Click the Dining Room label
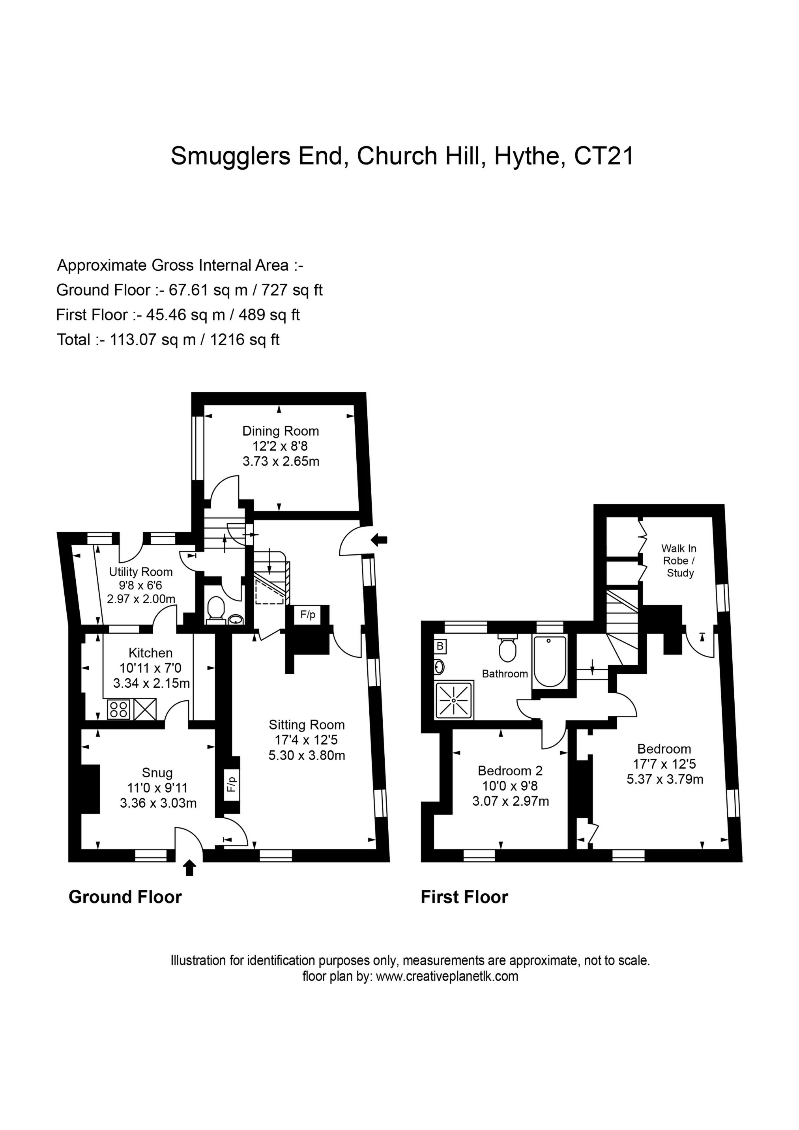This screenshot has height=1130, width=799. pos(281,431)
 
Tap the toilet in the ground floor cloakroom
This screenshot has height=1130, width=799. pos(215,609)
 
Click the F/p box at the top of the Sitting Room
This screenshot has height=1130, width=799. pos(308,615)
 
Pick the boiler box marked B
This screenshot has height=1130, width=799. pos(440,646)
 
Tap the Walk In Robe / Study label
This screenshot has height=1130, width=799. pos(679,561)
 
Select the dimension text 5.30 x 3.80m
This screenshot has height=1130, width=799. pos(306,756)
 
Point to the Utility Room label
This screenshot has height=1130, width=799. pos(141,572)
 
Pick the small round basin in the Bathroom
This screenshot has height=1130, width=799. pos(439,667)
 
